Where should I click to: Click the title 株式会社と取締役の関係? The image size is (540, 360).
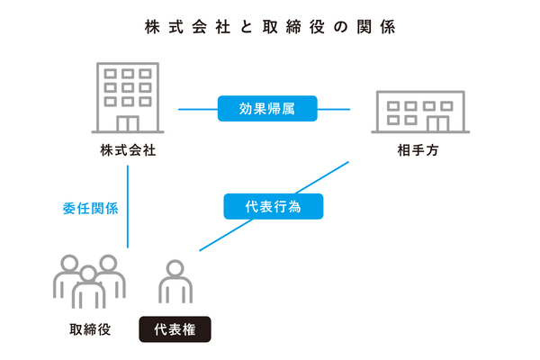(x=269, y=27)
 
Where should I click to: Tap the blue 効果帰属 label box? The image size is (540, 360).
(x=267, y=109)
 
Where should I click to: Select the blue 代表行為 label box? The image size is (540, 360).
(x=273, y=206)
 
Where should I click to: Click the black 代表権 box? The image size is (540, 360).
(x=175, y=328)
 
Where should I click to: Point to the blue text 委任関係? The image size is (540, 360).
(x=91, y=208)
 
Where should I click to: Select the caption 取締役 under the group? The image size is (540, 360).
(x=89, y=328)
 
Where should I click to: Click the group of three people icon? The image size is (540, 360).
(x=88, y=280)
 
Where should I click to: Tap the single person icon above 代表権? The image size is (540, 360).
(x=175, y=283)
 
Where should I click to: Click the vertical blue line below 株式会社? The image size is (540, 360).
(x=129, y=207)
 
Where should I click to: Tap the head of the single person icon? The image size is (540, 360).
(x=175, y=269)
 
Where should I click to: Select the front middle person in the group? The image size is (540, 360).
(x=88, y=289)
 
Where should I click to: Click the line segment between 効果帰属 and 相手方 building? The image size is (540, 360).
(x=335, y=109)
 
